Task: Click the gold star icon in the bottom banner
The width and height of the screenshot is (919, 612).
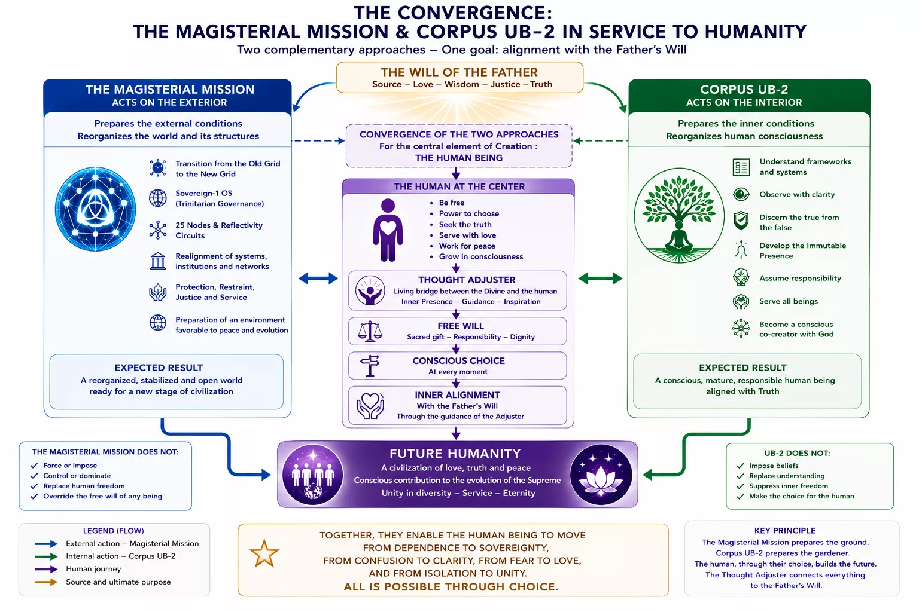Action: tap(264, 553)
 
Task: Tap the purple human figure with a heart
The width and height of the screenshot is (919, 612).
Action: tap(388, 230)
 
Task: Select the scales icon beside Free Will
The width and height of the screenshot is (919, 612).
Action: tap(370, 331)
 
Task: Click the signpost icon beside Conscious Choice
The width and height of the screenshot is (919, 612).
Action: tap(370, 366)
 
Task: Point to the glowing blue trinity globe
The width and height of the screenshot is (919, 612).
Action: tap(95, 209)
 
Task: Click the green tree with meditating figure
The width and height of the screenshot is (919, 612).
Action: tap(679, 215)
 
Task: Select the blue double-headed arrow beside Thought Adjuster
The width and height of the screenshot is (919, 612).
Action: tap(318, 279)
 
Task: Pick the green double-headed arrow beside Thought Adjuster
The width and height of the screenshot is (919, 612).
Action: tap(600, 279)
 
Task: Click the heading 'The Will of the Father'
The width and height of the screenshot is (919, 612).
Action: tap(459, 72)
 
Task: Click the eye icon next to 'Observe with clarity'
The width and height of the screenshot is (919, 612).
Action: tap(741, 194)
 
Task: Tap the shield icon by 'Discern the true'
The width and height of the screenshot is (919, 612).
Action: tap(741, 221)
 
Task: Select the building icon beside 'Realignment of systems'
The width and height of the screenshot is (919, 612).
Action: tap(157, 261)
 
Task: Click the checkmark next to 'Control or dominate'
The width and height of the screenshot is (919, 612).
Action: tap(34, 476)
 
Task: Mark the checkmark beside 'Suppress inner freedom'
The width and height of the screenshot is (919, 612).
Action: tap(740, 486)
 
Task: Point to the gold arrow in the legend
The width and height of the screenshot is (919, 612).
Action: tap(46, 582)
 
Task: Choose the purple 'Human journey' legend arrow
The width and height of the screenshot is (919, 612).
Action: tap(46, 570)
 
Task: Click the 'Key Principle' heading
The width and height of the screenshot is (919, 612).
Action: tap(785, 531)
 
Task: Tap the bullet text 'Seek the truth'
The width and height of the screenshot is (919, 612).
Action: tap(465, 224)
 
